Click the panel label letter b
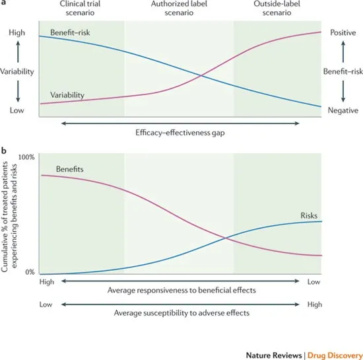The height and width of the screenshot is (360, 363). [4, 150]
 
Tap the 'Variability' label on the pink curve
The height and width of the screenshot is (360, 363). [67, 94]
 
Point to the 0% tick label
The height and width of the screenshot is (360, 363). [29, 272]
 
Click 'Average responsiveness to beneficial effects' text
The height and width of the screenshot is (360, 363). [181, 291]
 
